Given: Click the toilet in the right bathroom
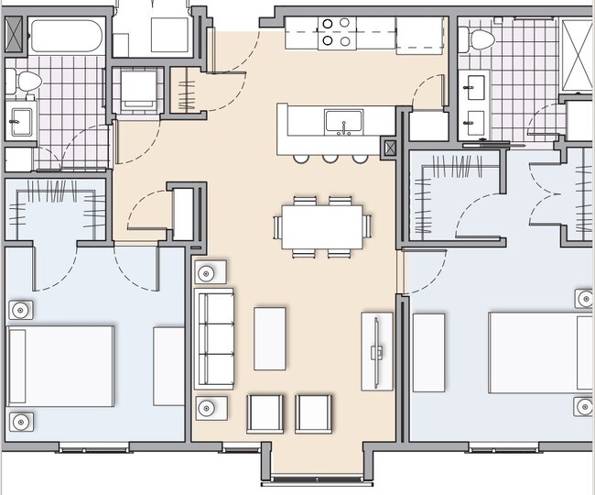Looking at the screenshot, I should click(476, 39).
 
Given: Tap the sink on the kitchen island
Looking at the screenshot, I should click(345, 121).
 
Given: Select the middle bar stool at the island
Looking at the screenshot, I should click(330, 159).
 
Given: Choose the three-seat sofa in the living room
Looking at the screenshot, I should click(214, 338).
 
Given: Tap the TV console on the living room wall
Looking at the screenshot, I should click(377, 351).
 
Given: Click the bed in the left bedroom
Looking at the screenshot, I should click(60, 365).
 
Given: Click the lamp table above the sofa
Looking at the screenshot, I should click(209, 272).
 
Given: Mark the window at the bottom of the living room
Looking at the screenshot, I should click(312, 478).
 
